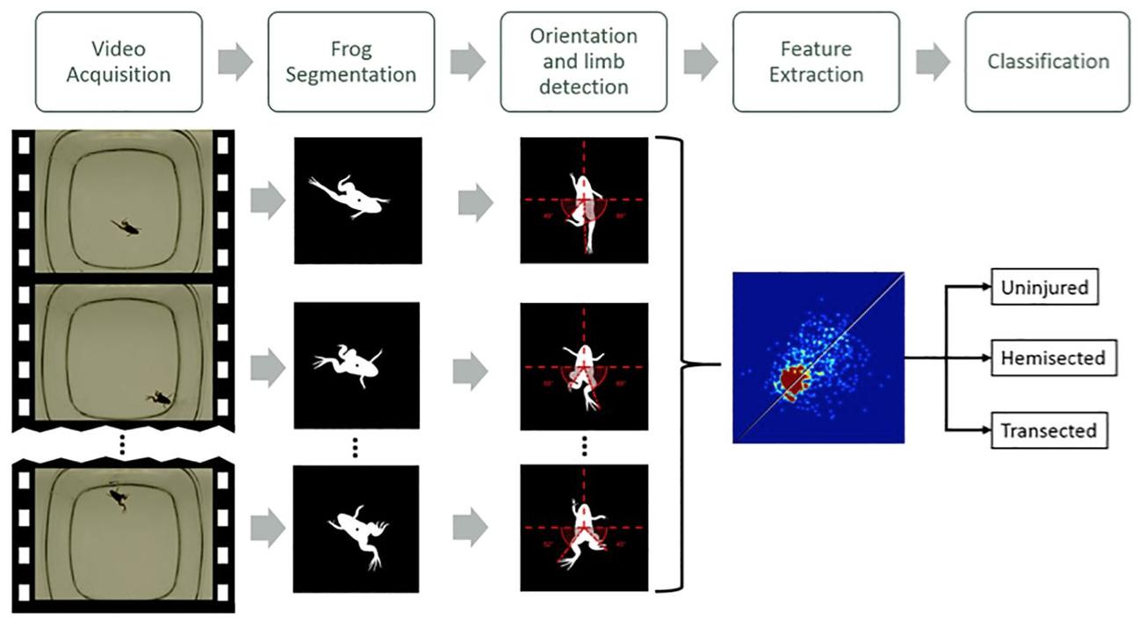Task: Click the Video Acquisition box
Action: [x=119, y=61]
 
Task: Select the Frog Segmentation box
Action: [x=350, y=61]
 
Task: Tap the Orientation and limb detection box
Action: [x=583, y=61]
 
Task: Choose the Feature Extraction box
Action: [x=816, y=61]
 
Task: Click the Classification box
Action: [x=1048, y=61]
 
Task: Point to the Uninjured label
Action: [x=1045, y=287]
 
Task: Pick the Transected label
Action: [x=1048, y=430]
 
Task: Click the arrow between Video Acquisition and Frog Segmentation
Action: [x=234, y=61]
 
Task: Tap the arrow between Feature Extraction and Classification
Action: [x=933, y=61]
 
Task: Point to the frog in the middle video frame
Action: [x=160, y=398]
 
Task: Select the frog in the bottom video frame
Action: [x=116, y=498]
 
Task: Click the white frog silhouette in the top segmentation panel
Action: [x=350, y=197]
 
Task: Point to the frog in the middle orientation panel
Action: [x=583, y=369]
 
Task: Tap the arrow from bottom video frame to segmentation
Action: [x=267, y=528]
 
